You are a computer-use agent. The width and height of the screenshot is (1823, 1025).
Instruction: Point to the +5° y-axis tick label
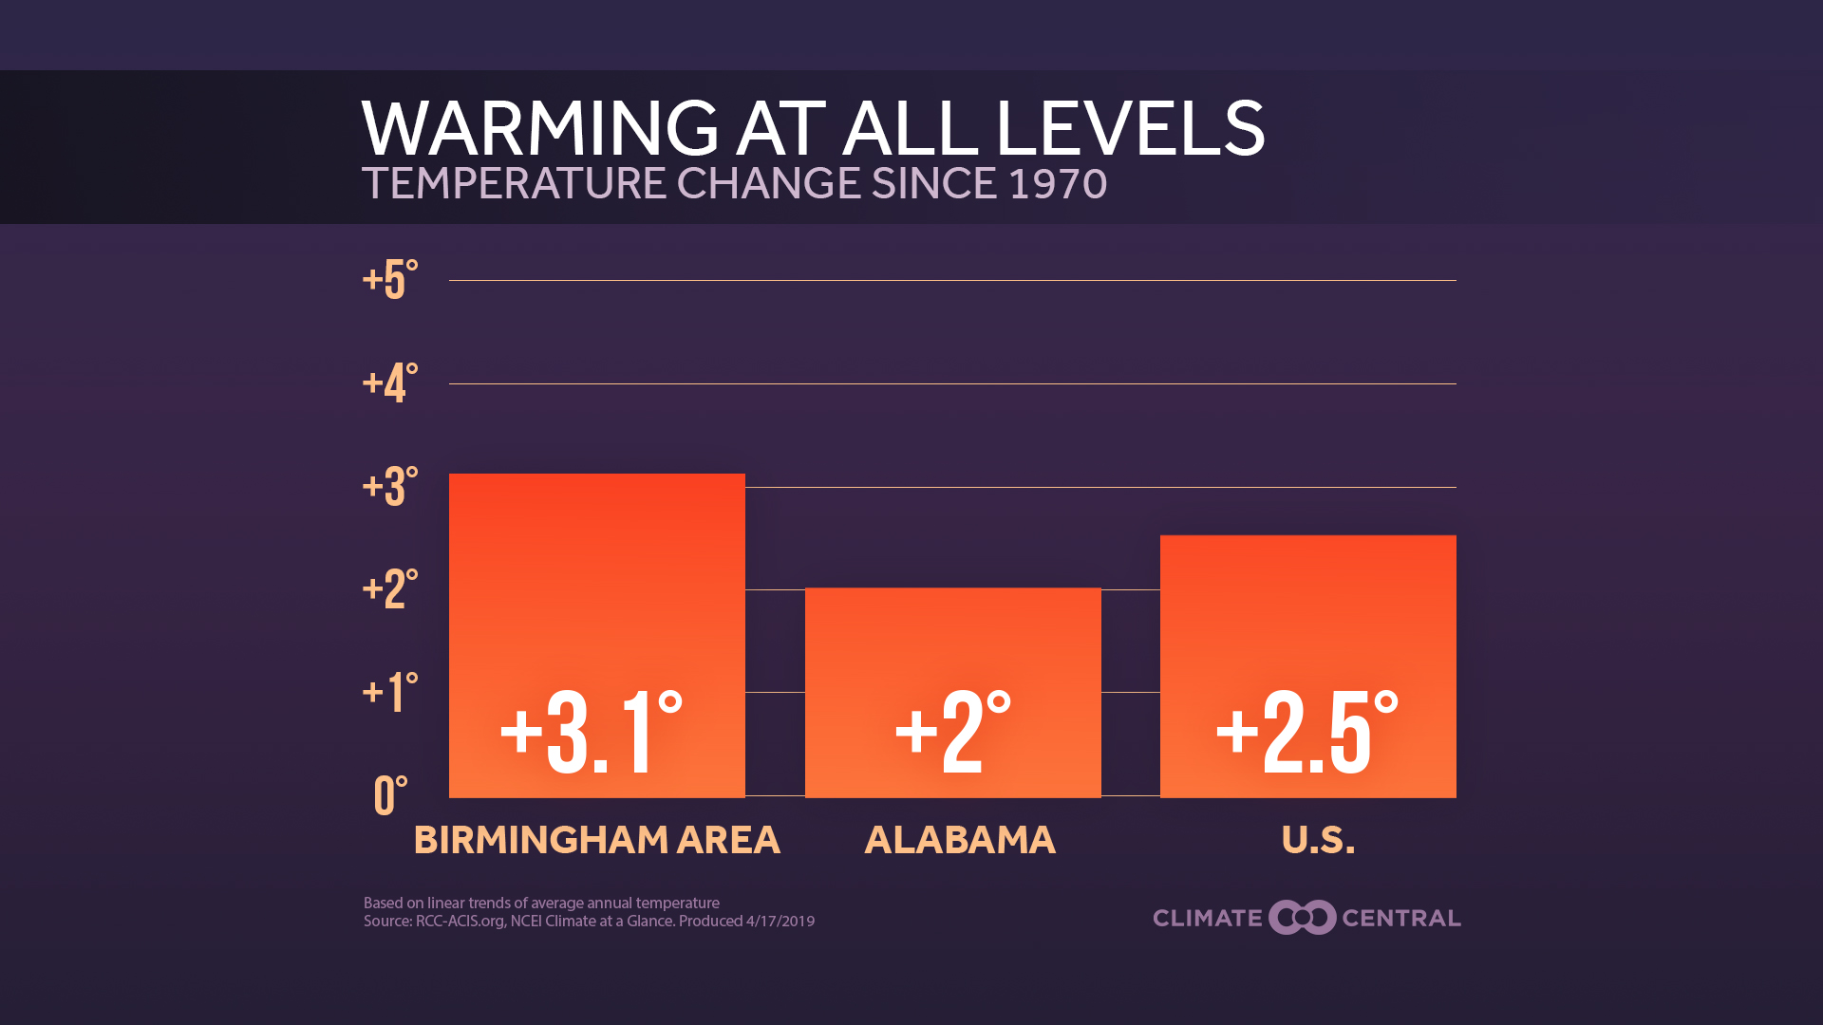tap(390, 280)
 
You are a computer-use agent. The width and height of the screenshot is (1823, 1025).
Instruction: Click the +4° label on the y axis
tap(390, 382)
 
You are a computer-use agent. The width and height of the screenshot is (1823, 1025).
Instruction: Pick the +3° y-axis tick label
tap(390, 486)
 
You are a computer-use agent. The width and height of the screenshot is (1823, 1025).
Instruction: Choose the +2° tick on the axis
tap(390, 588)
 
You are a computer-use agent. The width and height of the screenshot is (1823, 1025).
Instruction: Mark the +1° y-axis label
tap(390, 692)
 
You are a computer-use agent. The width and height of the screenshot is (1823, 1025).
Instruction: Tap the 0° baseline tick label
tap(390, 795)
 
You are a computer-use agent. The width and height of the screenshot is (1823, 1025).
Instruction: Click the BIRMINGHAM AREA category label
tap(596, 840)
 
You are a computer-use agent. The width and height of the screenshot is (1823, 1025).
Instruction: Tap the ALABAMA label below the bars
tap(960, 840)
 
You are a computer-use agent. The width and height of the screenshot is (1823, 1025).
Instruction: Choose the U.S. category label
tap(1318, 840)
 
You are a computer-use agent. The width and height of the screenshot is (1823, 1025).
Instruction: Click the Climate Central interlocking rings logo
tap(1303, 918)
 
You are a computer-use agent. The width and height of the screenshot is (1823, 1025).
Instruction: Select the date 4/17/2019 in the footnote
tap(780, 922)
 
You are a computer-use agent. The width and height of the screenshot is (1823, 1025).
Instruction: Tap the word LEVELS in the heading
tap(1130, 128)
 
